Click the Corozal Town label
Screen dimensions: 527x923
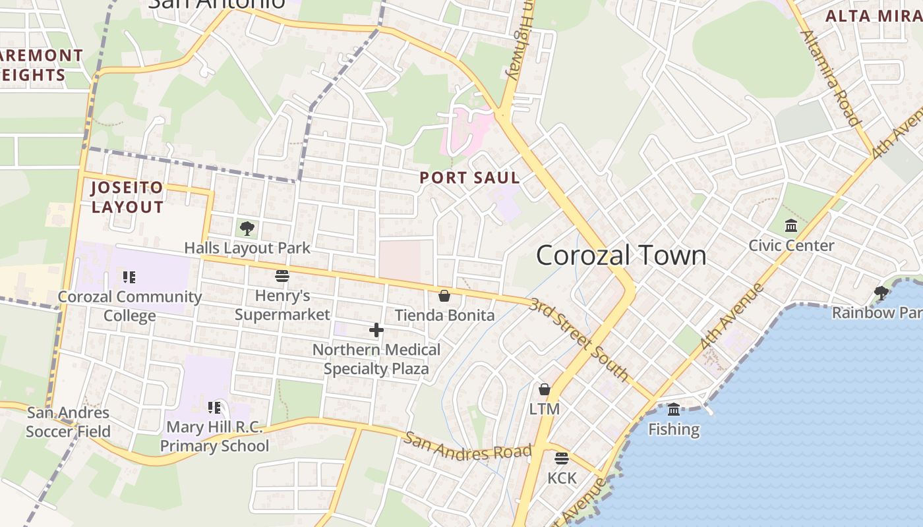click(620, 255)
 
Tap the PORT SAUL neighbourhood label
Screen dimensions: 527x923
click(469, 177)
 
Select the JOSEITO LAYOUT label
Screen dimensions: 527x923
click(127, 197)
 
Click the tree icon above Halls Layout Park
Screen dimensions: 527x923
click(247, 229)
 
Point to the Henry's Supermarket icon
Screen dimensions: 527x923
click(282, 276)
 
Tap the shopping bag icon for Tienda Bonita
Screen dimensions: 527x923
click(444, 296)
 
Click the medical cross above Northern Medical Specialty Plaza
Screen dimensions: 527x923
click(376, 330)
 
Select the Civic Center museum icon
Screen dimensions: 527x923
click(791, 227)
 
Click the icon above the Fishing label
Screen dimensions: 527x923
click(674, 410)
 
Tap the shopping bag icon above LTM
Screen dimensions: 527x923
click(545, 389)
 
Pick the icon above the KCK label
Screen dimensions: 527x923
click(562, 458)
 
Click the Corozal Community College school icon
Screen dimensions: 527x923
click(129, 277)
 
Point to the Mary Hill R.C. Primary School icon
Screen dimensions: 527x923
click(214, 408)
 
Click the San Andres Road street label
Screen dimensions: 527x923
click(468, 447)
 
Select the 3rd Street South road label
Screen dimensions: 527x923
click(579, 339)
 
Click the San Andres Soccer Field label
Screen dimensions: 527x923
click(68, 422)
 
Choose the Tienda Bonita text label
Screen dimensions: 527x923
click(444, 315)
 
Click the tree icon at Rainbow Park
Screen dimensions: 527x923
click(881, 293)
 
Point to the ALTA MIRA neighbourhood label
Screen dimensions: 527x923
click(874, 16)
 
